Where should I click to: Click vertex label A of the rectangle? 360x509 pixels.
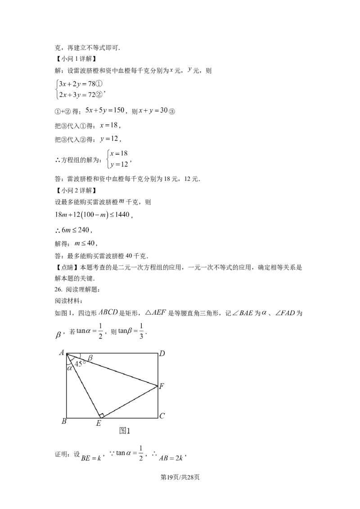tap(61, 353)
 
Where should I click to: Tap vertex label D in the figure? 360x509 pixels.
tap(162, 353)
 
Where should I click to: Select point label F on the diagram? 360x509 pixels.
tap(162, 386)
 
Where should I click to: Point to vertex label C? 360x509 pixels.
tap(162, 415)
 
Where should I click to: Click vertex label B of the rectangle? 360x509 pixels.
tap(64, 421)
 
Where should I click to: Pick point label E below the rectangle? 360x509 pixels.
tap(99, 423)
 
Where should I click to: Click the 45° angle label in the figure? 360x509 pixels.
tap(80, 364)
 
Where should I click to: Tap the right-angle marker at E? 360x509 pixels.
tap(101, 415)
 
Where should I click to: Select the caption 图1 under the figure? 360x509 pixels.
tap(125, 431)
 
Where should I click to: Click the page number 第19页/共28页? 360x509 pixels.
tap(180, 477)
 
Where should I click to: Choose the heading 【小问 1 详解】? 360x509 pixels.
tap(76, 59)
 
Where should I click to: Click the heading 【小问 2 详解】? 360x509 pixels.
tap(76, 190)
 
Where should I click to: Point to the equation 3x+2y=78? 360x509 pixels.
tap(77, 84)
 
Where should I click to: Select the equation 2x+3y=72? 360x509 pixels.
tap(77, 95)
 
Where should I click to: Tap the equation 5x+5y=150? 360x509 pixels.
tap(105, 110)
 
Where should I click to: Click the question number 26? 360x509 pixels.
tap(58, 289)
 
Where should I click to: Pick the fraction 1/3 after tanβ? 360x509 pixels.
tap(141, 331)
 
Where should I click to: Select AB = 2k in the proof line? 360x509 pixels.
tap(171, 458)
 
